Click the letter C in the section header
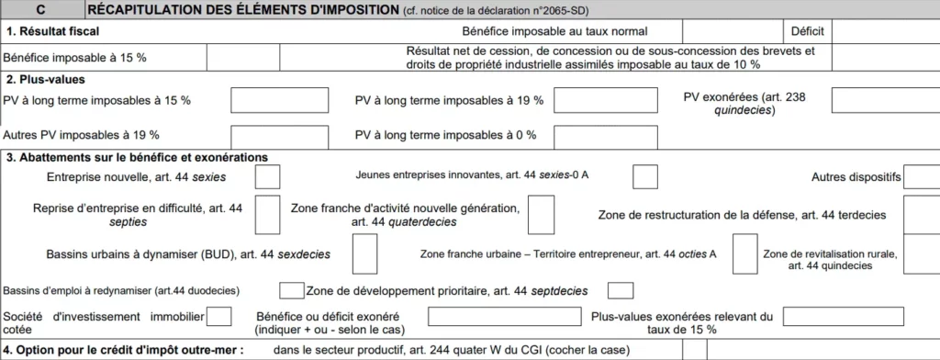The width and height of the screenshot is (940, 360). coord(41,10)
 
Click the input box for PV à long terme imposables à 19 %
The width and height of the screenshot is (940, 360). coord(592,100)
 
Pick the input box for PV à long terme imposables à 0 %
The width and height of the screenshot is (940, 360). coord(592,135)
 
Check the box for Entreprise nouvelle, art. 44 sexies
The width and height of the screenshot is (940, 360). coord(267,176)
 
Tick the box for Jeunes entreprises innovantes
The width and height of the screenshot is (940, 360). coord(645,176)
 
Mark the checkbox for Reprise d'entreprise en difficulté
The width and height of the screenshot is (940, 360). coord(267,215)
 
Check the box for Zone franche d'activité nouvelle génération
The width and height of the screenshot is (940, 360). coord(541,215)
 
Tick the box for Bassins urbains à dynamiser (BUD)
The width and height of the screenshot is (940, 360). coord(364,254)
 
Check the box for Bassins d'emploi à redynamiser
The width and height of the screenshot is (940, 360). coord(291,291)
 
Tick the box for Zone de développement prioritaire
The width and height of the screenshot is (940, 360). coord(621,291)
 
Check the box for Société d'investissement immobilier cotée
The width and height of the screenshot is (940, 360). coord(219,317)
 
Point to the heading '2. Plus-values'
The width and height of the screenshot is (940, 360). coord(45,79)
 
